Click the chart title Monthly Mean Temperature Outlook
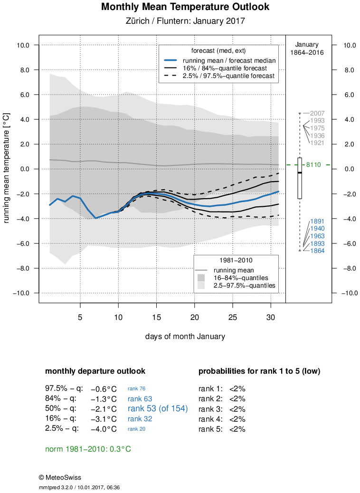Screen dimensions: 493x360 pos(185,7)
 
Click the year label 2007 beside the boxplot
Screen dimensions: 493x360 pos(317,113)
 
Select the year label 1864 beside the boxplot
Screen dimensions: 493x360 pos(317,251)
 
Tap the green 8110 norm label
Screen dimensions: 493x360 pos(313,165)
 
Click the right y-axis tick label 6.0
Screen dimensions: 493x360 pos(344,95)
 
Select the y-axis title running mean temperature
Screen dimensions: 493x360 pos(7,168)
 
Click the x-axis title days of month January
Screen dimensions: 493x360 pos(185,336)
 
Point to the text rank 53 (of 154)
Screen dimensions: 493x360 pos(158,408)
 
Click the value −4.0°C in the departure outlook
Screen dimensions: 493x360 pos(104,428)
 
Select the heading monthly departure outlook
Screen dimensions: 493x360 pos(95,371)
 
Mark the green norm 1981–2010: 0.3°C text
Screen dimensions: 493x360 pos(88,449)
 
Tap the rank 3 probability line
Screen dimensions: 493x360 pos(222,409)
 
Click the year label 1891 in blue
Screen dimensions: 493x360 pos(317,221)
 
